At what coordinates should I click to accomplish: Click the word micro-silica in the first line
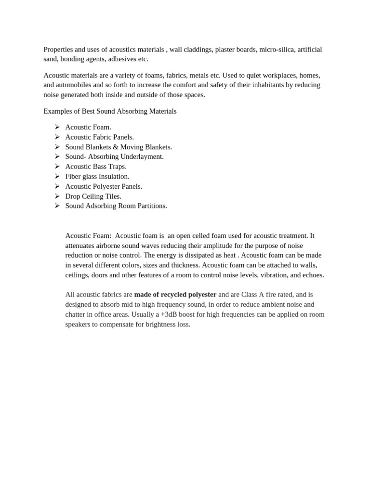275,50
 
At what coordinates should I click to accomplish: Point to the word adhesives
120,59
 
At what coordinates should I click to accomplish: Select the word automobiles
75,85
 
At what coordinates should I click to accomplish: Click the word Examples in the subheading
58,111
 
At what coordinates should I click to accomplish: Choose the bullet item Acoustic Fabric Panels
99,137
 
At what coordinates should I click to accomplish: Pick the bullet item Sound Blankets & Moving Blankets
119,147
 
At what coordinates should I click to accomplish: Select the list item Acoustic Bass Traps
96,167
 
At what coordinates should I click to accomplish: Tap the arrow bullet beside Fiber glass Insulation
57,176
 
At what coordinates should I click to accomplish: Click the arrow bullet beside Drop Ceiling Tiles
57,196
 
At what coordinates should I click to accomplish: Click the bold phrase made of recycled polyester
175,295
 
